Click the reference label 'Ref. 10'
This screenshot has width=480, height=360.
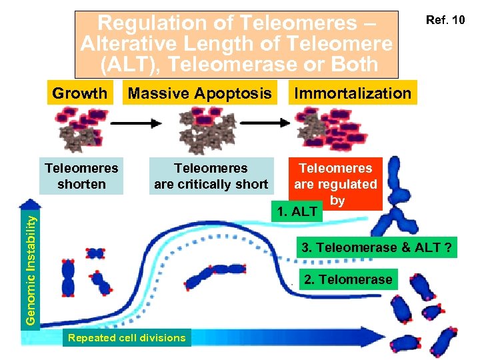(x=449, y=20)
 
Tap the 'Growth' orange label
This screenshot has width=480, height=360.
(x=79, y=93)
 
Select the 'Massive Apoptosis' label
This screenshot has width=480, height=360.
(x=199, y=93)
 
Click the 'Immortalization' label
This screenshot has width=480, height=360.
(x=353, y=93)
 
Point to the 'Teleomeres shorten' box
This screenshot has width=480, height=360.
(x=81, y=176)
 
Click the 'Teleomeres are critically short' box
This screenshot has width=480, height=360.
(x=211, y=176)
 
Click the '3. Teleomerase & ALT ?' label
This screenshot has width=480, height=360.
(x=377, y=248)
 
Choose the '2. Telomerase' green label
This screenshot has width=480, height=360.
(x=348, y=279)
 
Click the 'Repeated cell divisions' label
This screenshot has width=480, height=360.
(x=127, y=338)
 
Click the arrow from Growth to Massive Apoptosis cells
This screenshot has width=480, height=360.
(x=136, y=123)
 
